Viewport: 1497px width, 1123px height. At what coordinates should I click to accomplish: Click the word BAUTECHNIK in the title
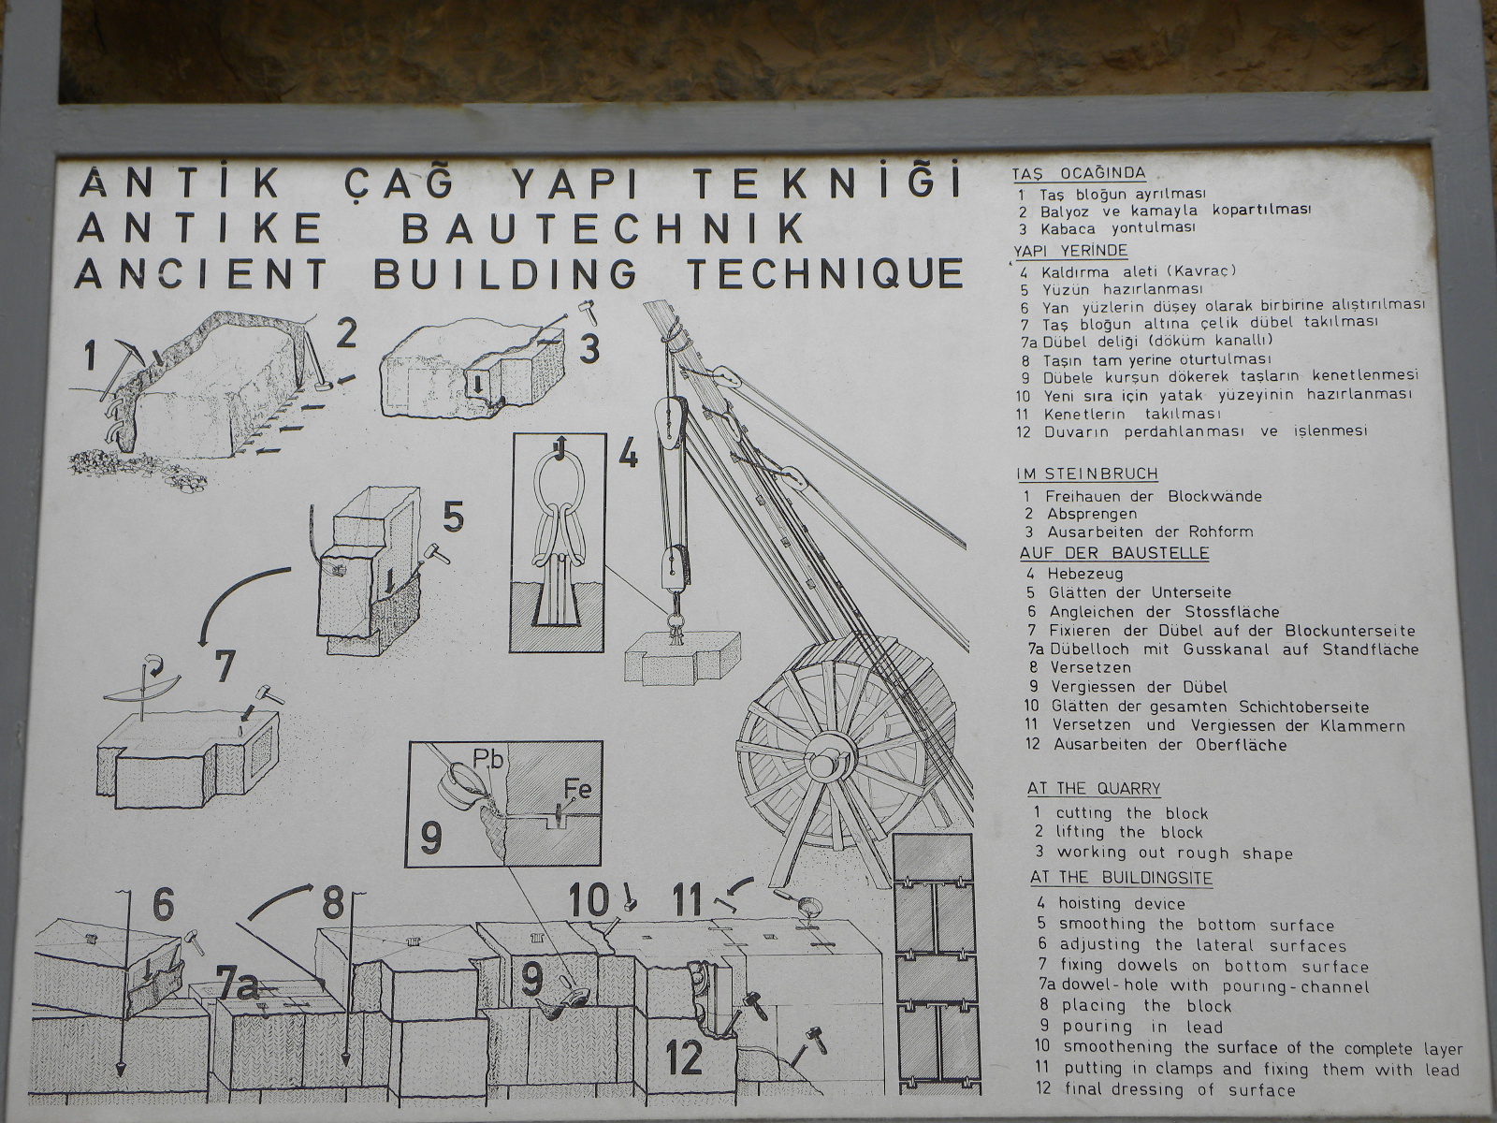[x=603, y=229]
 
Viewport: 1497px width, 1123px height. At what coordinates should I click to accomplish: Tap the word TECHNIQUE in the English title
[x=826, y=273]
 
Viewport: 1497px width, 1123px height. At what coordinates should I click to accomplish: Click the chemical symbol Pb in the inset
[x=489, y=759]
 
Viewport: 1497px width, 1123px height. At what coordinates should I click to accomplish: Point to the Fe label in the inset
[x=577, y=790]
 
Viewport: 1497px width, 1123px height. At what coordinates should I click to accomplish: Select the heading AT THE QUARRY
[x=1094, y=789]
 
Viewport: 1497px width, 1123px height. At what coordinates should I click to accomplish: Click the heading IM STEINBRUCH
[x=1087, y=474]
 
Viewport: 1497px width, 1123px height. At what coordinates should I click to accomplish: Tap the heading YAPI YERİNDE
[x=1061, y=251]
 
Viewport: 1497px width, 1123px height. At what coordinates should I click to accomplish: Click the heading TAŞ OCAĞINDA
[x=1079, y=174]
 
